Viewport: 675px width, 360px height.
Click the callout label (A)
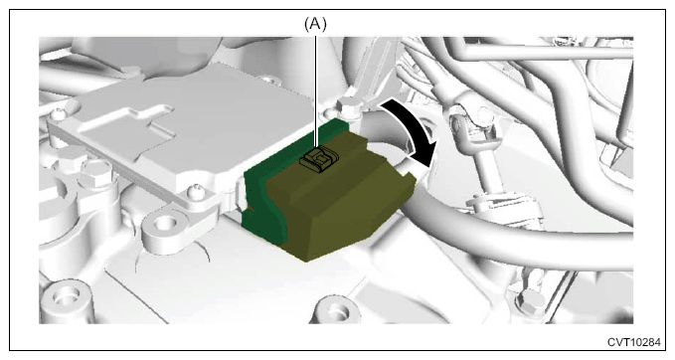coord(315,25)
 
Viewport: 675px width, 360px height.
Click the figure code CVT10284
coord(633,342)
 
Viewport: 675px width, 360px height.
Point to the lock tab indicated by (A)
coord(319,161)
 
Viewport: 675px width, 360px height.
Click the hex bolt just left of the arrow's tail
coord(348,105)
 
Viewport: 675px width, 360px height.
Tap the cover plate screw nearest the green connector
coord(196,190)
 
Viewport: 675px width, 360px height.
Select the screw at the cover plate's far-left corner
coord(58,115)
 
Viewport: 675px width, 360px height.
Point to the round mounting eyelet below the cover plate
coord(164,225)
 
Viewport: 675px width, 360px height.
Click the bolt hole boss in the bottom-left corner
coord(66,298)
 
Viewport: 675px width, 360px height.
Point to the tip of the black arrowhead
coord(430,167)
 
